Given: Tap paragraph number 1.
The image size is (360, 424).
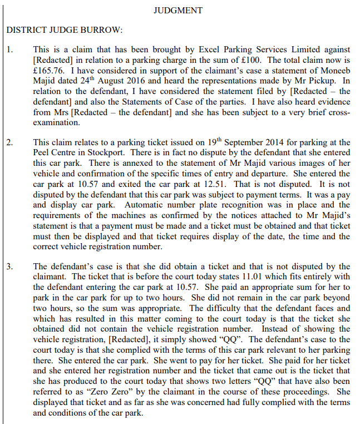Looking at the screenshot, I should (9, 48).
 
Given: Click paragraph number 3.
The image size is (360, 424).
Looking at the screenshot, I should (9, 266).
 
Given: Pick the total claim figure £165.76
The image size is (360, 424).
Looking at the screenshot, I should (47, 71).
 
